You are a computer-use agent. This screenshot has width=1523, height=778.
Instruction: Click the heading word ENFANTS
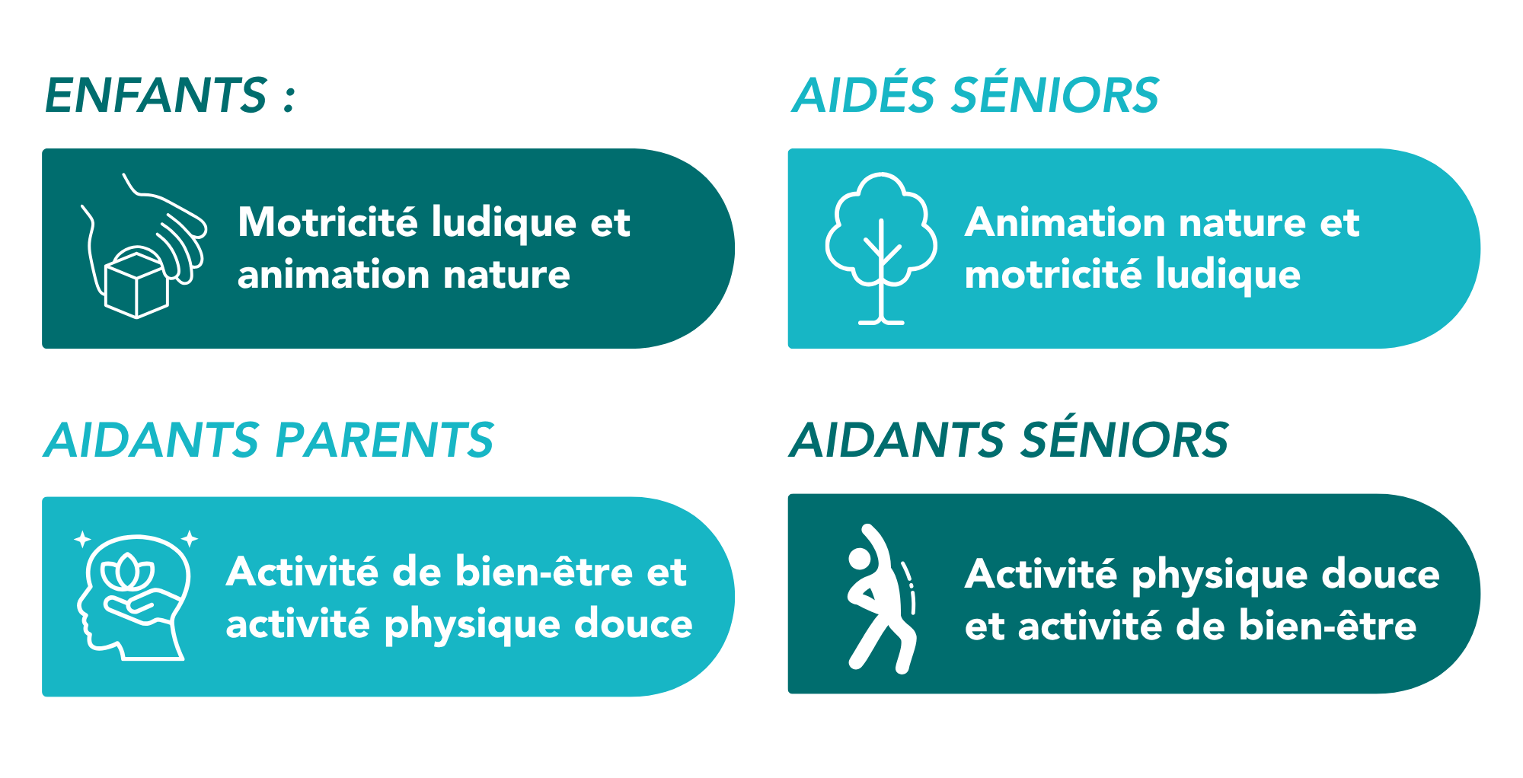click(156, 95)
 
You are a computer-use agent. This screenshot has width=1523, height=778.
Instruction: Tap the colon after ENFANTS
click(289, 98)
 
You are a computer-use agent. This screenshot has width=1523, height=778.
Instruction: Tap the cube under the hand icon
click(136, 283)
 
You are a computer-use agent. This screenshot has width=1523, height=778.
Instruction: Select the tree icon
click(881, 249)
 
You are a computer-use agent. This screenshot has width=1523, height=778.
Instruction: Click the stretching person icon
click(882, 598)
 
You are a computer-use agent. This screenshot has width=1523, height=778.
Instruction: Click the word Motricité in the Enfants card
click(327, 222)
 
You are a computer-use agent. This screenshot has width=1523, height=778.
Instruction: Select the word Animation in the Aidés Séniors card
click(1065, 222)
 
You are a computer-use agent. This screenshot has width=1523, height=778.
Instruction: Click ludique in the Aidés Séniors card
click(1228, 275)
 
